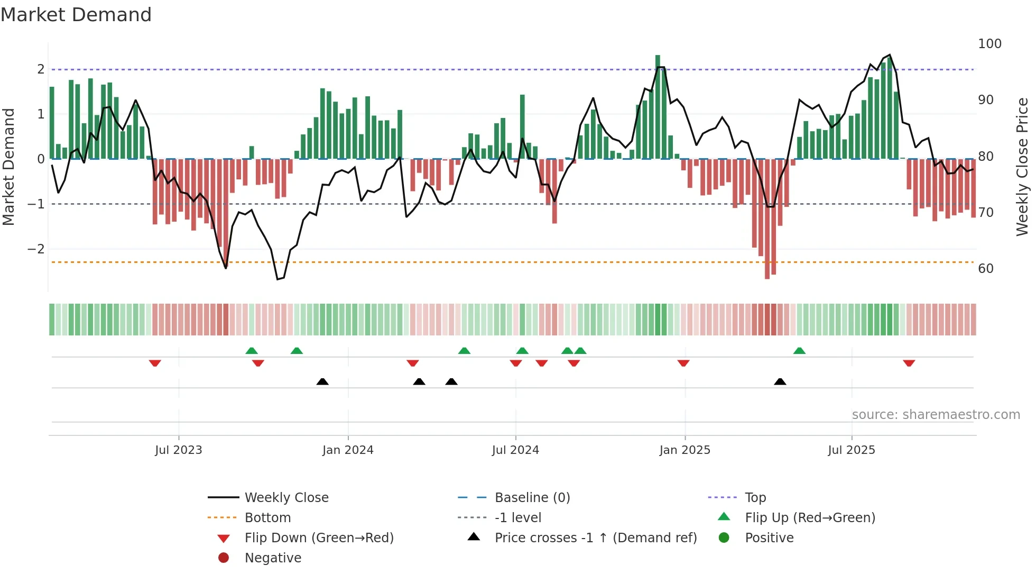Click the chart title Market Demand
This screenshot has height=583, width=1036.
click(x=76, y=15)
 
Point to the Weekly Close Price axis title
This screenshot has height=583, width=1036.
click(x=1022, y=167)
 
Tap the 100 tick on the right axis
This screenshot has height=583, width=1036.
click(x=989, y=44)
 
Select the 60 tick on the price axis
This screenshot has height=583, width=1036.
click(x=986, y=269)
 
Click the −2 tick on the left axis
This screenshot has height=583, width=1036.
click(x=36, y=249)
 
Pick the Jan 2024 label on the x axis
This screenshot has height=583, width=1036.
click(x=348, y=450)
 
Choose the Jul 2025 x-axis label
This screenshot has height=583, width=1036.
click(x=852, y=450)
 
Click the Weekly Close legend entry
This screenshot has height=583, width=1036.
click(x=286, y=498)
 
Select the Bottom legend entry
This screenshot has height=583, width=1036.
click(x=267, y=518)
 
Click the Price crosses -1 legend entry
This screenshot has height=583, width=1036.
click(x=595, y=538)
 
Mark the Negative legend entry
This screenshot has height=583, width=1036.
click(x=273, y=558)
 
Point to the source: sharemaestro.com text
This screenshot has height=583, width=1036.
click(x=936, y=415)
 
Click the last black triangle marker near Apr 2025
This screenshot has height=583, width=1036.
click(x=780, y=381)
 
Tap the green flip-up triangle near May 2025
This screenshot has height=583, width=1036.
click(x=799, y=351)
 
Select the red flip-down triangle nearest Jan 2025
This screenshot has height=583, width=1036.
click(x=683, y=363)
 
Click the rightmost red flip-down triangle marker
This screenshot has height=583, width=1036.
click(x=909, y=363)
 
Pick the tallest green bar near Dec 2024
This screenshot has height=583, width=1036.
click(x=658, y=106)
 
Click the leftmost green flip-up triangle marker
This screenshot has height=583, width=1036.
click(x=252, y=351)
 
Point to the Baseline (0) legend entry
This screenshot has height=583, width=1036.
click(x=532, y=498)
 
